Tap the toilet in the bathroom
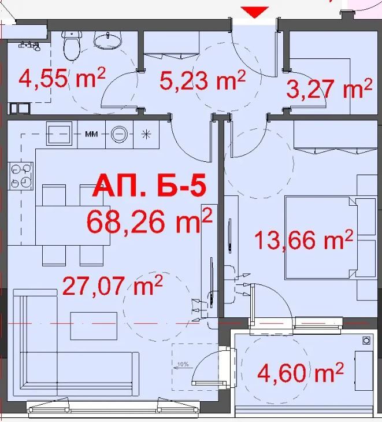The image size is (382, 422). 72,45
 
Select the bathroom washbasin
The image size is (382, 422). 107,39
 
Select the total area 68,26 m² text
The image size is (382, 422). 149,221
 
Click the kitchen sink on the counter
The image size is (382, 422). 58,134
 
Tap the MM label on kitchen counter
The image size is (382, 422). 91,134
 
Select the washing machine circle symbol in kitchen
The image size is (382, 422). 120,134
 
